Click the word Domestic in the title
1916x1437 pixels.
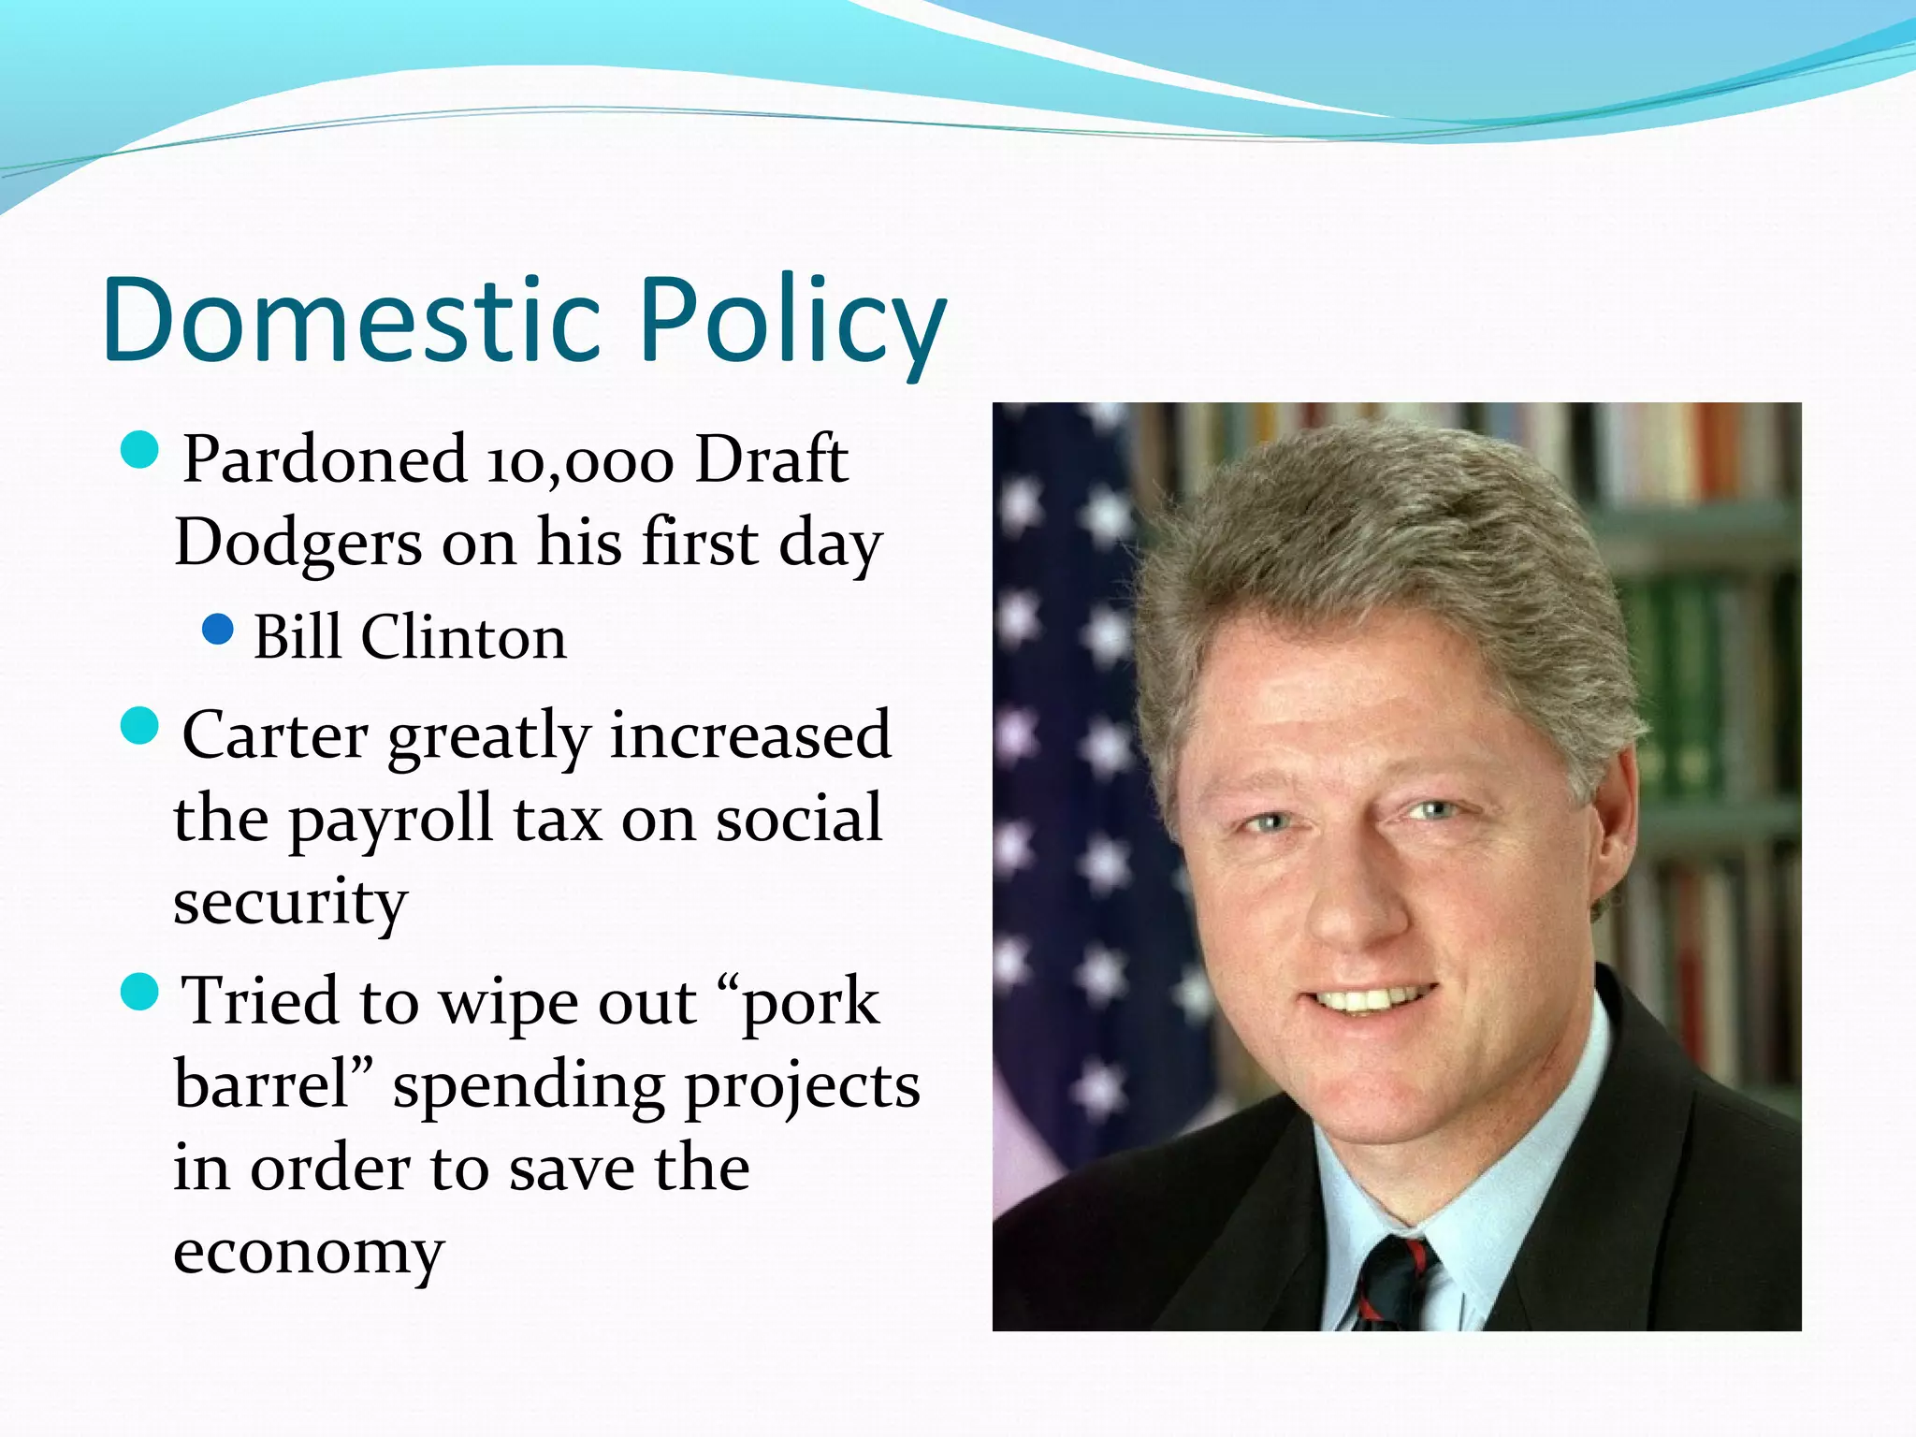click(x=351, y=320)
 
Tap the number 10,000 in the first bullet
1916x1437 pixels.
click(x=580, y=461)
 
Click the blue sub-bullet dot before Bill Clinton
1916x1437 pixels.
click(x=217, y=630)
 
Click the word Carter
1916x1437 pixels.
click(x=275, y=735)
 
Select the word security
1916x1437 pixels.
click(x=290, y=904)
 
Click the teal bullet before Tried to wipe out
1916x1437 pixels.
click(x=140, y=992)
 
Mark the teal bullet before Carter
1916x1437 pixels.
click(x=140, y=725)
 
